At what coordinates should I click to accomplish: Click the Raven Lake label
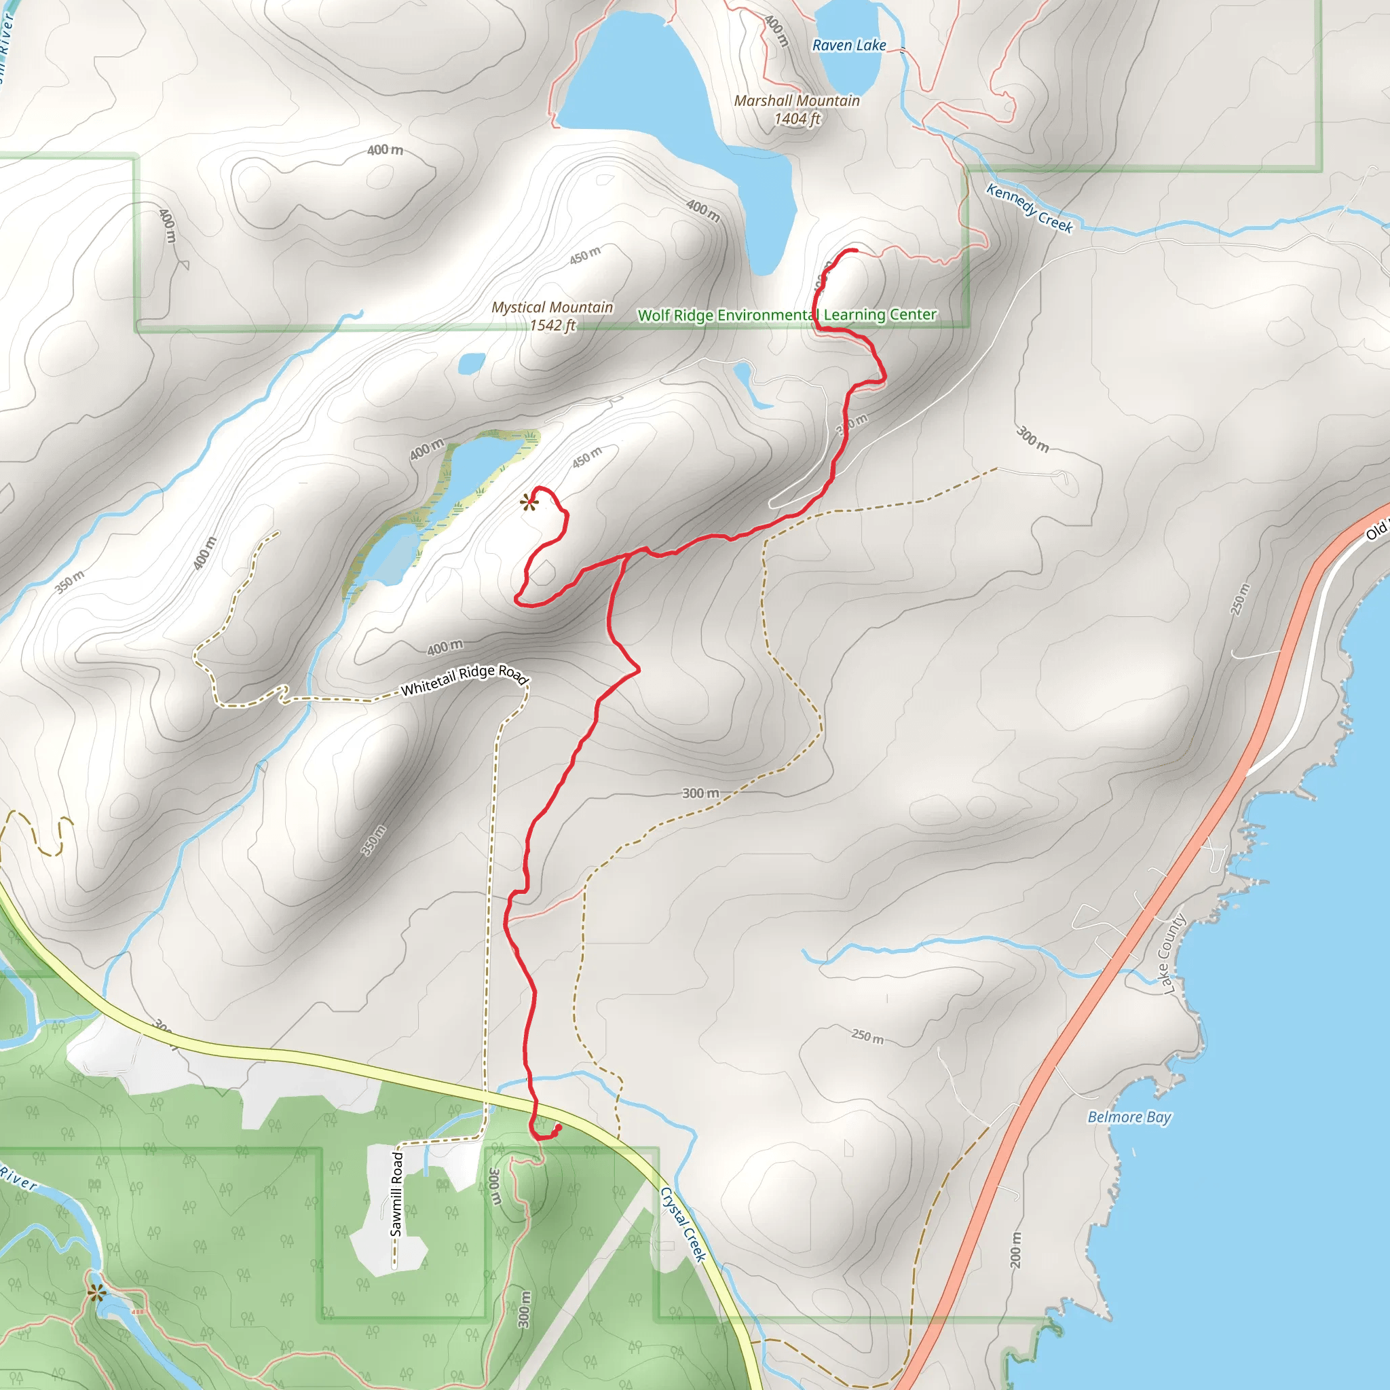(x=849, y=45)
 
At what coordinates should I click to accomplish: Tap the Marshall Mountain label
(x=796, y=100)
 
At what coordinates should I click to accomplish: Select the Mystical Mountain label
(x=552, y=307)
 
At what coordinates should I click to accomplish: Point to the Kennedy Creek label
(x=1029, y=208)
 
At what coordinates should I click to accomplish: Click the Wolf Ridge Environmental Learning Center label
(x=787, y=315)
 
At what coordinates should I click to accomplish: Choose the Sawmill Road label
(x=396, y=1194)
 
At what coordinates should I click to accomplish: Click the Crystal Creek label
(x=683, y=1224)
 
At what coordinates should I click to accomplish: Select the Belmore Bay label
(x=1129, y=1117)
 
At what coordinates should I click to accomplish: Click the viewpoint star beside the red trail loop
(x=529, y=503)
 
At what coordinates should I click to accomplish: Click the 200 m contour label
(x=1015, y=1250)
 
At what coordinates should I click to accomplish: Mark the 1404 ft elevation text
(x=796, y=119)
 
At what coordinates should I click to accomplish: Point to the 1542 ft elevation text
(x=552, y=326)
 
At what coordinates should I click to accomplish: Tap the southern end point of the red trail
(x=559, y=1127)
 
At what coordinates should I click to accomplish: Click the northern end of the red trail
(x=855, y=250)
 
